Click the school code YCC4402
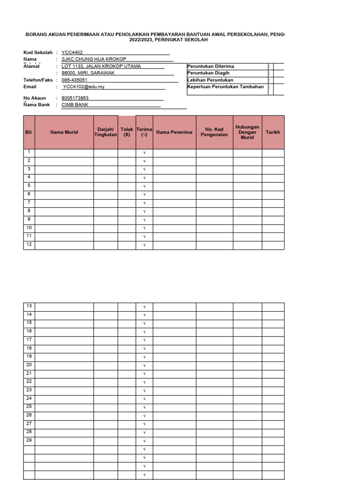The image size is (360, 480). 72,52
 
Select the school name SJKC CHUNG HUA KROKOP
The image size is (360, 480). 94,59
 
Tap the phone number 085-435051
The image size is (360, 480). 75,80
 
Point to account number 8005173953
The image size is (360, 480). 75,98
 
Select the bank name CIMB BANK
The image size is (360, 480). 75,105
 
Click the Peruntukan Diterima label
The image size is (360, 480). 210,67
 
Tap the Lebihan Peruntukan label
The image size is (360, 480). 210,80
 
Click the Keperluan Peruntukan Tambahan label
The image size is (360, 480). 225,87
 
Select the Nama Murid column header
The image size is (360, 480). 64,132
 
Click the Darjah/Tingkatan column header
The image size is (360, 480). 105,132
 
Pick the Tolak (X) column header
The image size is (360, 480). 127,132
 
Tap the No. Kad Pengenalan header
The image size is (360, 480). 214,132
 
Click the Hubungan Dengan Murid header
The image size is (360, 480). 247,132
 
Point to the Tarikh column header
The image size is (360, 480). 273,132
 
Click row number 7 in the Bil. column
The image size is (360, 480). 29,202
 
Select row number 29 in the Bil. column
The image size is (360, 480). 29,440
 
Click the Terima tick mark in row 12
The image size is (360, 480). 144,245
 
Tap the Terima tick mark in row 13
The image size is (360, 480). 144,307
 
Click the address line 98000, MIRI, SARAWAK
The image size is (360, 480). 88,73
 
